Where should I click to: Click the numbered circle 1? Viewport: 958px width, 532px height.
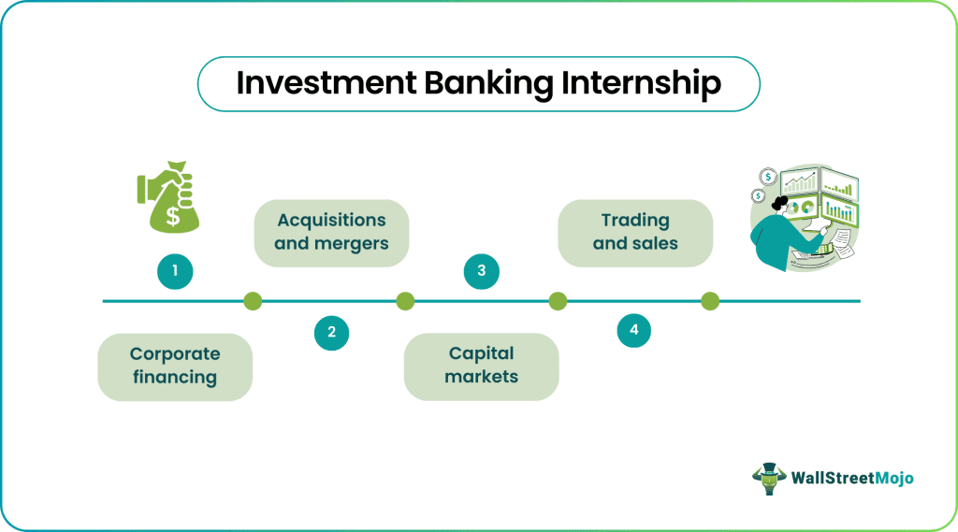[175, 272]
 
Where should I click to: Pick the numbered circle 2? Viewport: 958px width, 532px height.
[331, 332]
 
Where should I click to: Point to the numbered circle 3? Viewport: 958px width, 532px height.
[481, 272]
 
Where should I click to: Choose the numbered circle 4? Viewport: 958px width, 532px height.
[634, 330]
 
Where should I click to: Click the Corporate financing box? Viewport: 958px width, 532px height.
[175, 367]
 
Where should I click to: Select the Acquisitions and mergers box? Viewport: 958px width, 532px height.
[331, 232]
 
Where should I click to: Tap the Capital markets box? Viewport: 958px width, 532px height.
[481, 367]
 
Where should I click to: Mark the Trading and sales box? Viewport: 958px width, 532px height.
[635, 232]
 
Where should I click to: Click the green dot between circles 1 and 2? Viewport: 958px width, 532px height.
[253, 301]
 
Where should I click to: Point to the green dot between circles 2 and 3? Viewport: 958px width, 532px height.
[405, 301]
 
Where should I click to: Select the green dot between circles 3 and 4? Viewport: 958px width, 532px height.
[558, 301]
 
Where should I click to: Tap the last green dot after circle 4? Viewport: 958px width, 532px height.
[710, 301]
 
